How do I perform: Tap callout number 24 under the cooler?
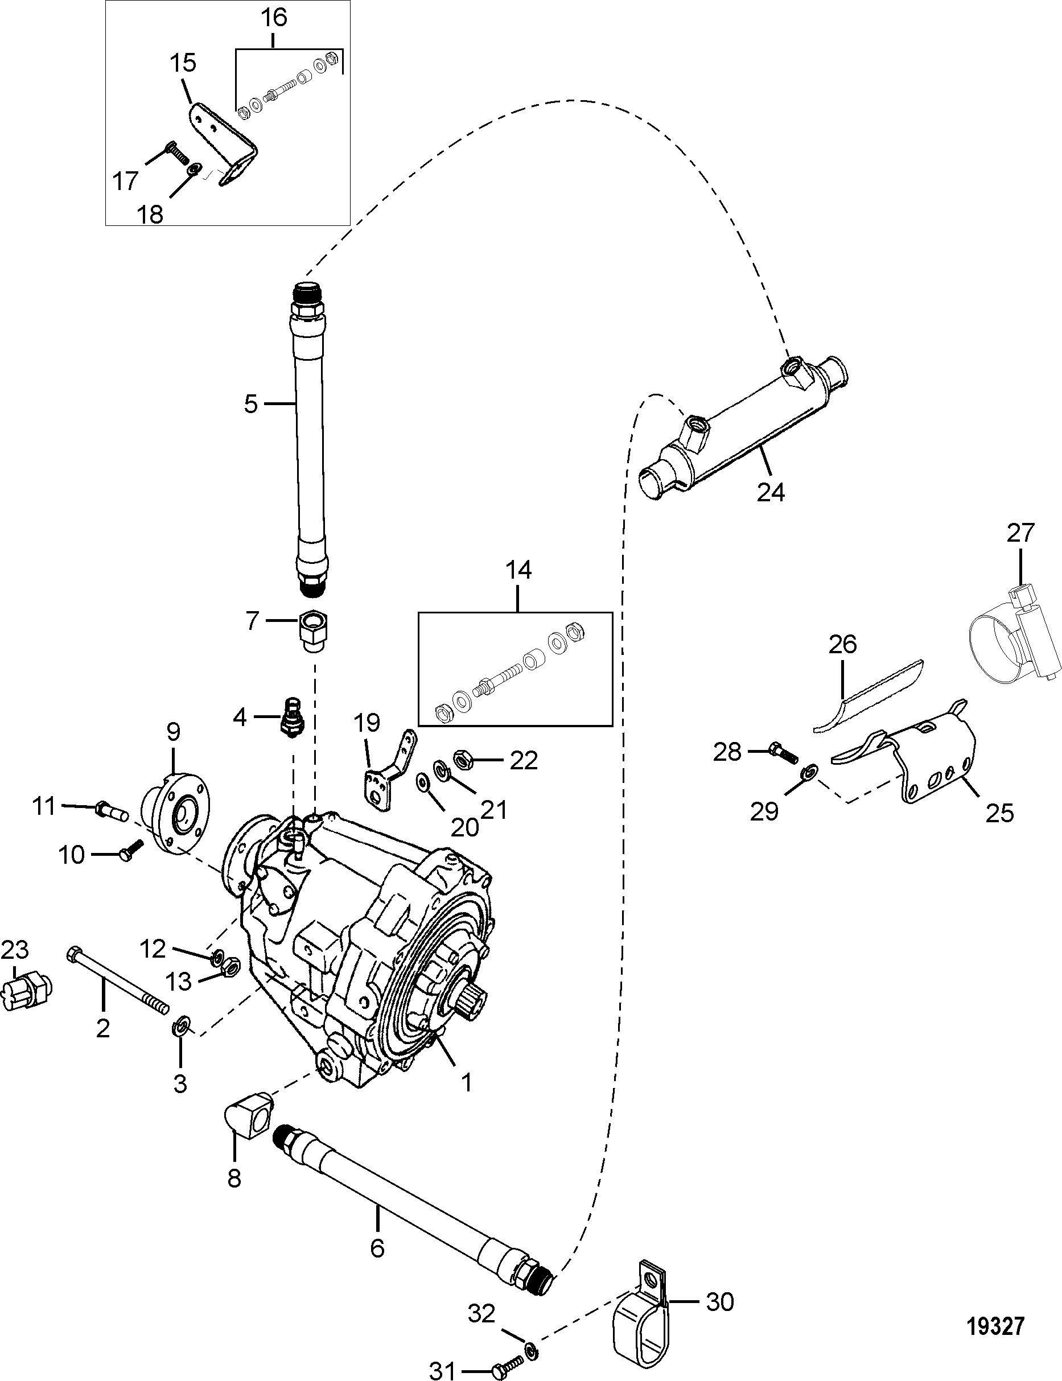[x=771, y=491]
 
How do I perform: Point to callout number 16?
[x=274, y=17]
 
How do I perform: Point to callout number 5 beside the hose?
[x=251, y=403]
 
